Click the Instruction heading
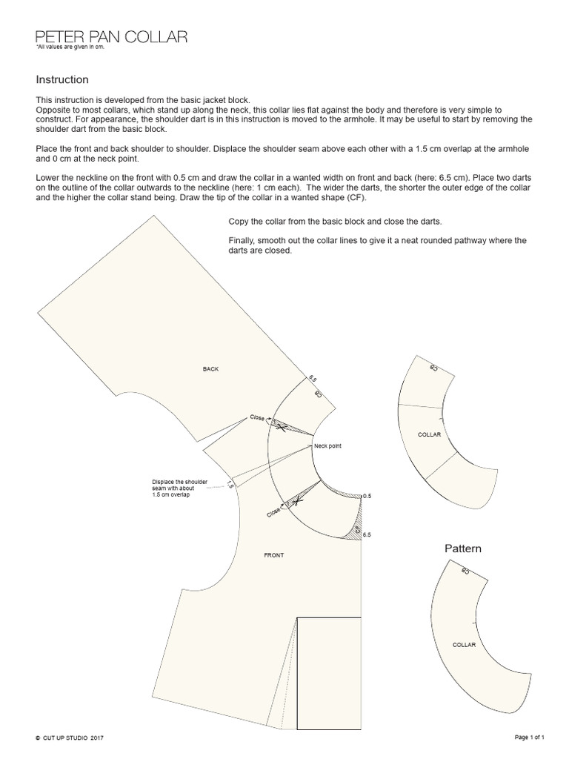click(62, 79)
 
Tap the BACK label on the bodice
click(211, 368)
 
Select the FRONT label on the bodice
click(273, 554)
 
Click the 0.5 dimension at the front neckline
click(367, 495)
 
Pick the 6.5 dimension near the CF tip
click(367, 534)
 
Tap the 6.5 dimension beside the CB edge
click(312, 379)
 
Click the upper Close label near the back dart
click(257, 417)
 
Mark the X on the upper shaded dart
click(280, 425)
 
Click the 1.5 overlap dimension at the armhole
click(230, 485)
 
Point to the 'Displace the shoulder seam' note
click(179, 488)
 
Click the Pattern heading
click(463, 549)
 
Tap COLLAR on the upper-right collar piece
click(430, 434)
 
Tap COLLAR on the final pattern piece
click(464, 645)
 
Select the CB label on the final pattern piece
click(465, 571)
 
